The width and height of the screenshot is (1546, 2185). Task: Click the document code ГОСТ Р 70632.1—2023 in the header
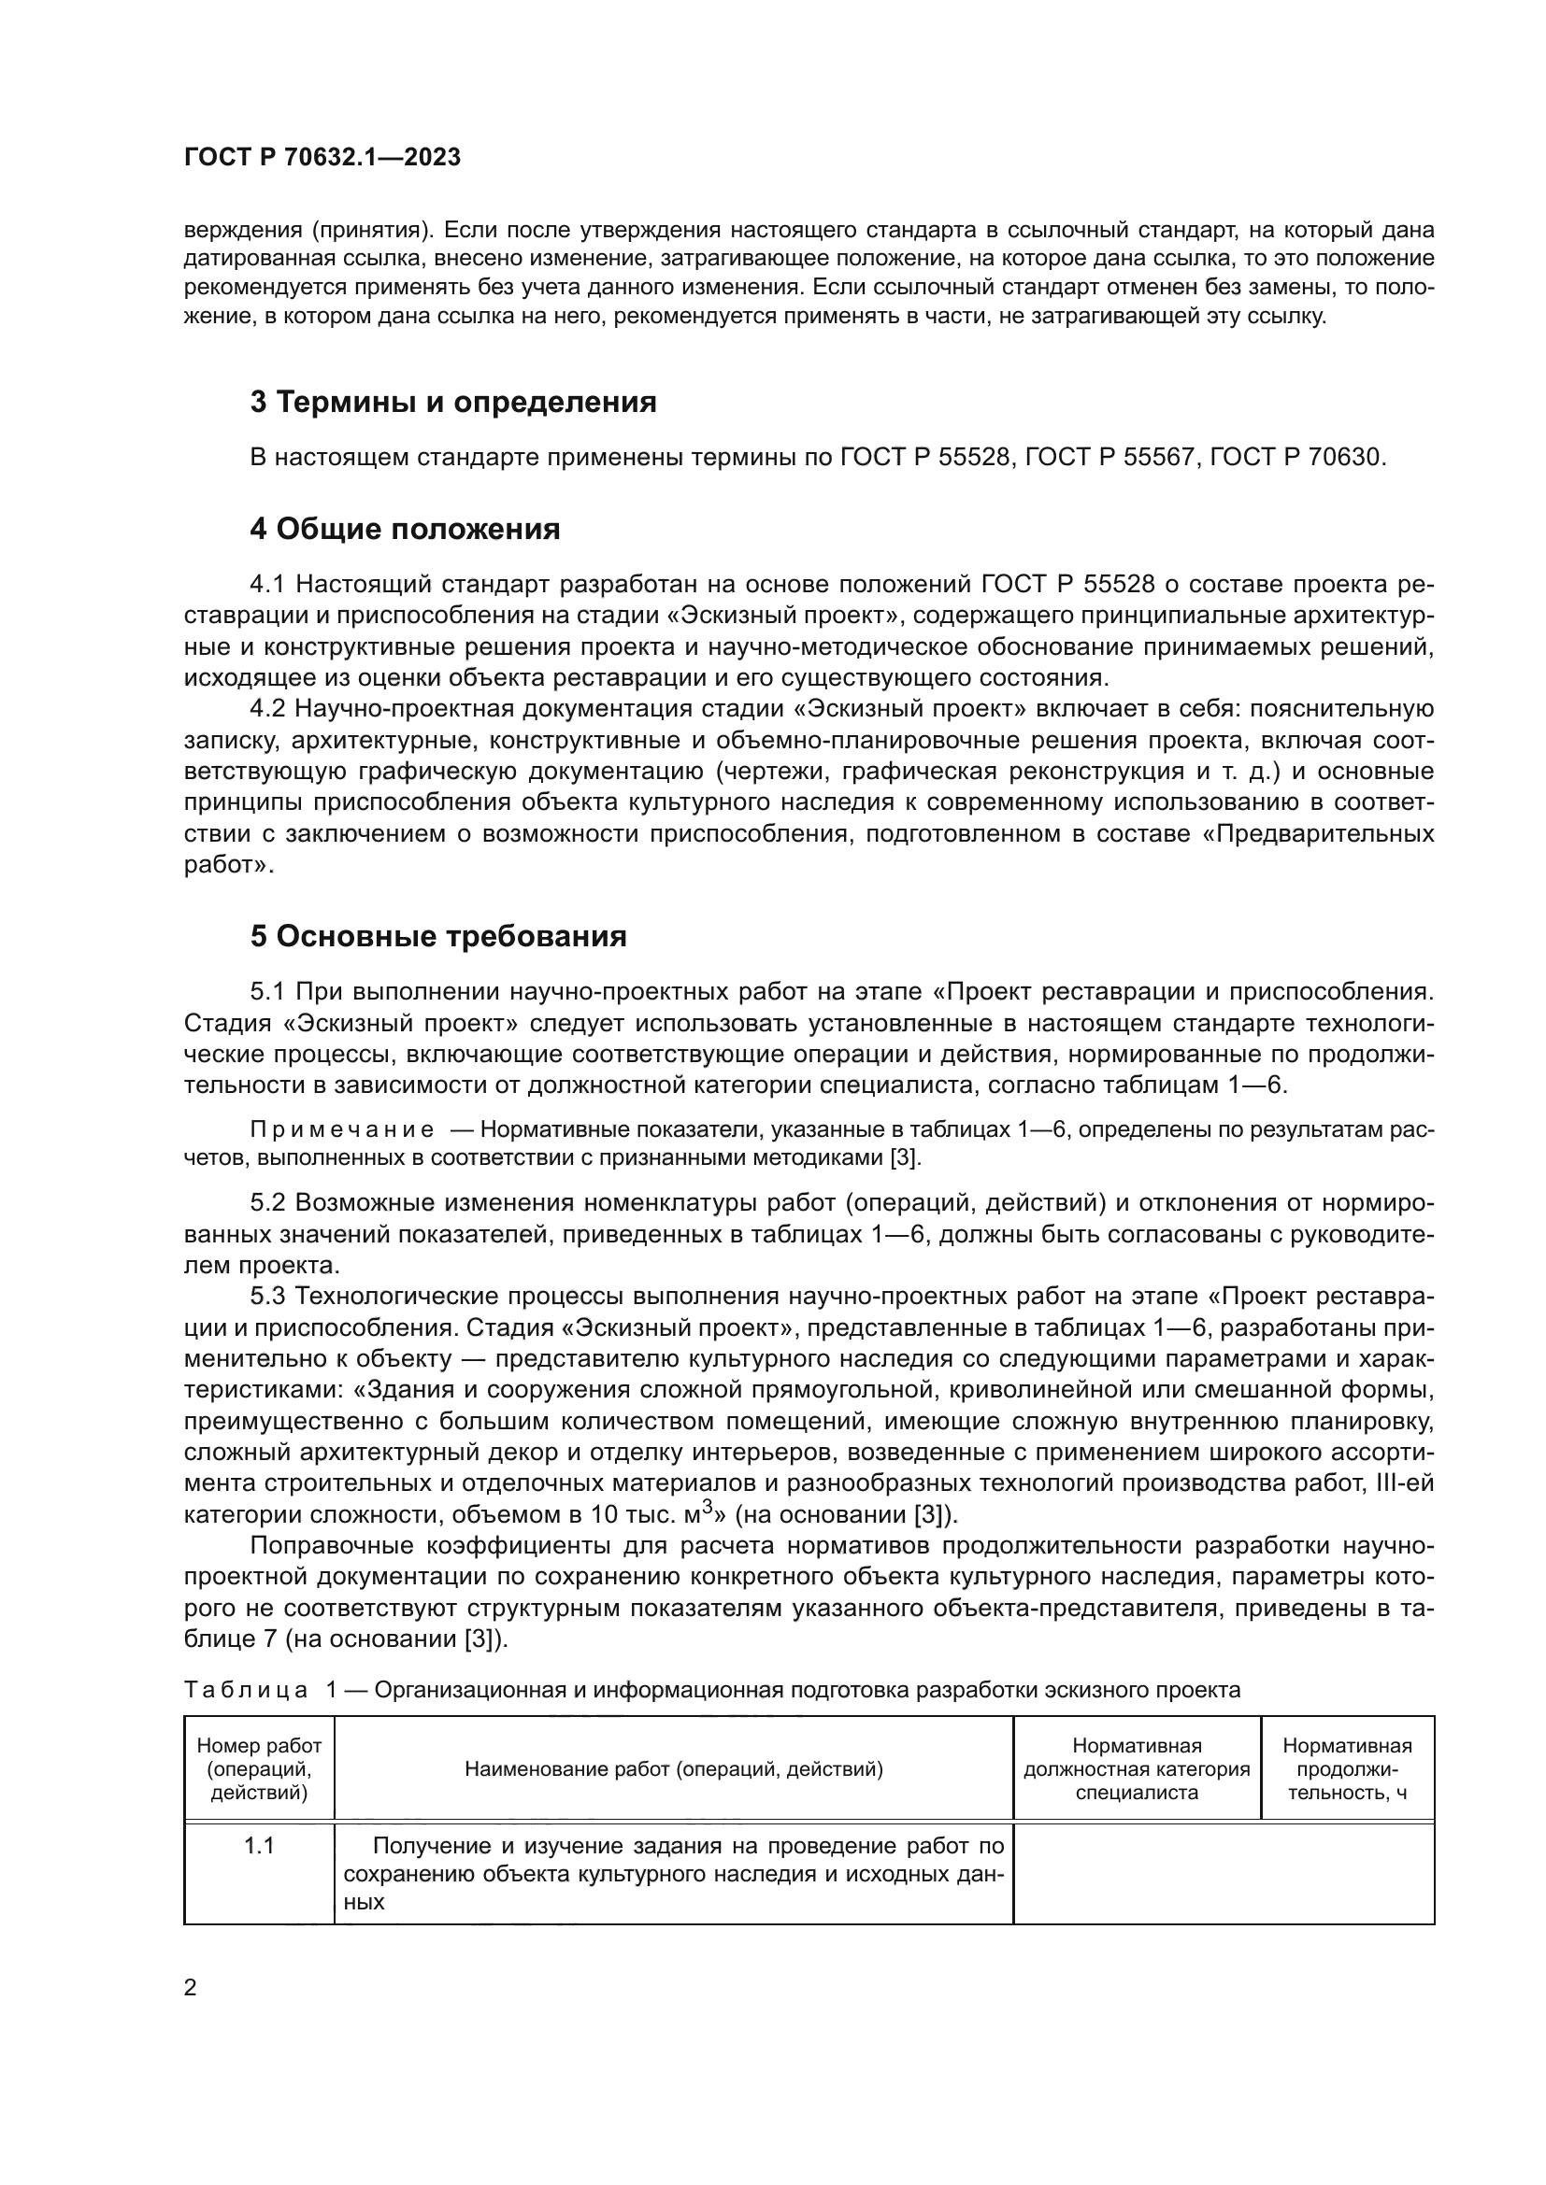(322, 158)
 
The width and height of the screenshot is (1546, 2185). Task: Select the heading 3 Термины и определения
(453, 403)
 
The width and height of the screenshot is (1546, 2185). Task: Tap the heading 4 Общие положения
(405, 529)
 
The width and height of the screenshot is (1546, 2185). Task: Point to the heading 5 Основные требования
(437, 936)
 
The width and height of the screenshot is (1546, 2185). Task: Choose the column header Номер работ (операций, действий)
(259, 1769)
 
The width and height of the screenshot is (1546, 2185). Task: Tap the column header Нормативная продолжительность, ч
(1347, 1769)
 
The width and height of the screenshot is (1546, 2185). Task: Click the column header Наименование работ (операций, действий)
(673, 1769)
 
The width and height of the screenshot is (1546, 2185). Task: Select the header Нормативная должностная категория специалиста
(1137, 1769)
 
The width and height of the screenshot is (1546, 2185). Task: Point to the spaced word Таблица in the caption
(246, 1690)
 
